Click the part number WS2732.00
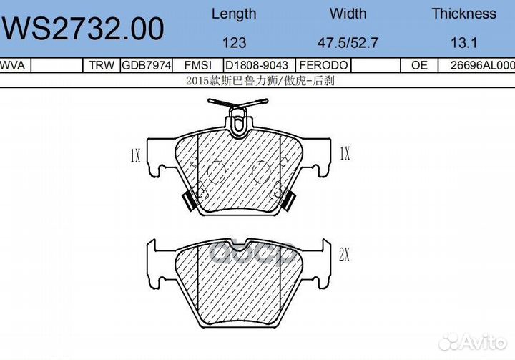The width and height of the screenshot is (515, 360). coord(83,29)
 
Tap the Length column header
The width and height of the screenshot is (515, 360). coord(234,14)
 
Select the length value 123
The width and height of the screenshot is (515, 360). coord(234,43)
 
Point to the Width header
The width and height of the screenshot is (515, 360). coord(348,14)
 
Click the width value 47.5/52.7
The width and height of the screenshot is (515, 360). coord(348,43)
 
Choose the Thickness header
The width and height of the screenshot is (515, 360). coord(463,14)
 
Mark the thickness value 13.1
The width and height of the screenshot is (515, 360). coord(463,43)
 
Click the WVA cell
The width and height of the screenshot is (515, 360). coord(12,65)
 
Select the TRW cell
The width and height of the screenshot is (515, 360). coord(102,65)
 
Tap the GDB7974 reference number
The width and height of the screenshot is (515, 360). coord(147,65)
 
